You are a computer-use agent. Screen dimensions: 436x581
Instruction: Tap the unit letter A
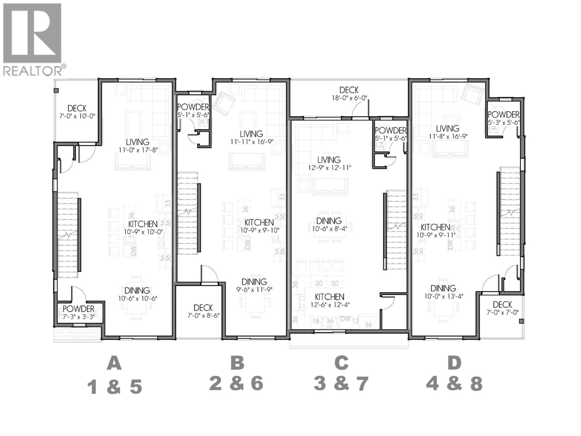114,363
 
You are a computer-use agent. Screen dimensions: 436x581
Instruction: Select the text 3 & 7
341,384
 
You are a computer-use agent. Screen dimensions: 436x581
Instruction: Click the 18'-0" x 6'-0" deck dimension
349,98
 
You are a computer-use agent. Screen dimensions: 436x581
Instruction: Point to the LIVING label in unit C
329,160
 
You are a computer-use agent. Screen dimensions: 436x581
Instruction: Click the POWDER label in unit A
78,309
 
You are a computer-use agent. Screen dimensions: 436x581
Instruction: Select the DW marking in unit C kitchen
346,319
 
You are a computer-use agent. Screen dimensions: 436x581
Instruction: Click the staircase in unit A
68,235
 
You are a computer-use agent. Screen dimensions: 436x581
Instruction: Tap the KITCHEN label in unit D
435,227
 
